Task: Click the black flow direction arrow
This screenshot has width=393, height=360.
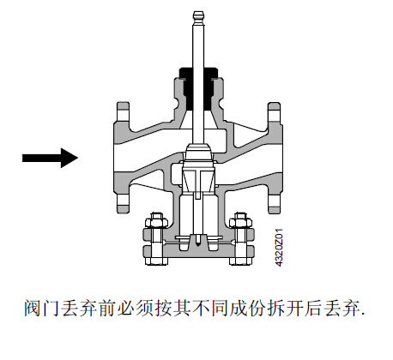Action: pos(50,158)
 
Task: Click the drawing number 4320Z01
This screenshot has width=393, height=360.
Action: pos(279,248)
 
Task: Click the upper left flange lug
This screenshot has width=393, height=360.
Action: pos(123,112)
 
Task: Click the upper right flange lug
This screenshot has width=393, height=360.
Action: pos(274,112)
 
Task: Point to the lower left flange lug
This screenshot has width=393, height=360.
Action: pos(123,203)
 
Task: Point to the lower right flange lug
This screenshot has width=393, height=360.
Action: pos(274,203)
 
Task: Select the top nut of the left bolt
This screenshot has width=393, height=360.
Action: pos(156,220)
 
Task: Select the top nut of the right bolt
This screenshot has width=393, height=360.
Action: pos(240,220)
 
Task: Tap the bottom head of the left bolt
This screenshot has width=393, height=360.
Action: pos(156,261)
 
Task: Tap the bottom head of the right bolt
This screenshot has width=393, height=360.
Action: pos(240,261)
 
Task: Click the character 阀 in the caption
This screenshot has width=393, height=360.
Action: pos(33,309)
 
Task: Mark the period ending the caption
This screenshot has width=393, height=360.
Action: pos(363,315)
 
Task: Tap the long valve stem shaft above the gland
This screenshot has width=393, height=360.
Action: pos(198,45)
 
